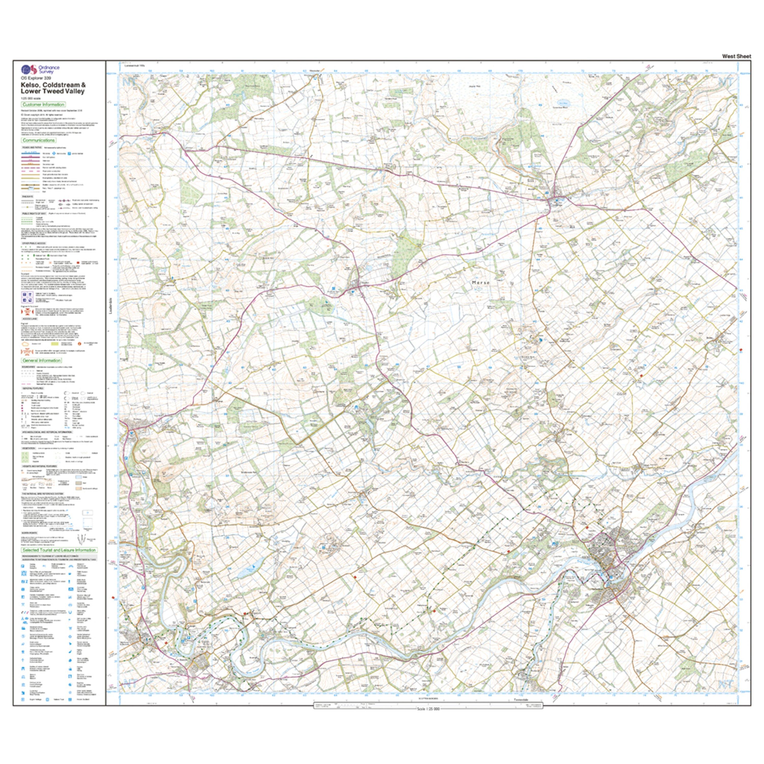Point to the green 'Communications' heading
(39, 140)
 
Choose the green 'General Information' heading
(42, 360)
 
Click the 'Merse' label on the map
(481, 283)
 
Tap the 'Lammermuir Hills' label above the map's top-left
(135, 66)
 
